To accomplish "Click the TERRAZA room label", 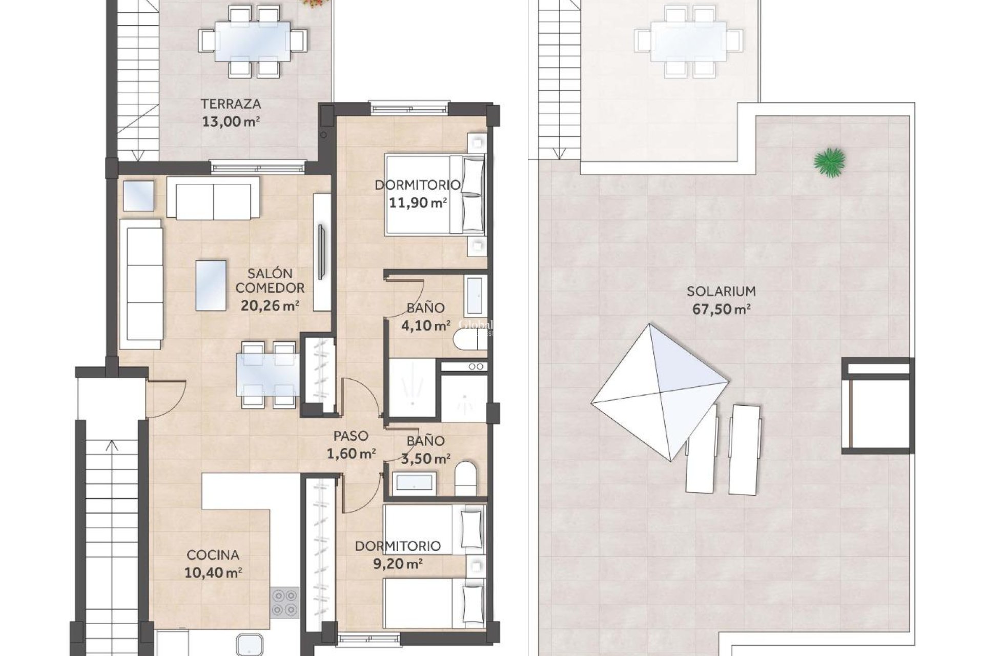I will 231,104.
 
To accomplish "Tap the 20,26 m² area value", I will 270,306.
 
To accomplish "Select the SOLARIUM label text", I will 721,292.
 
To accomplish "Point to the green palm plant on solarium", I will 829,162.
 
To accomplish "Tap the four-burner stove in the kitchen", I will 285,603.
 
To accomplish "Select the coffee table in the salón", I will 211,285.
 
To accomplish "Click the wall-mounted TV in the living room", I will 321,252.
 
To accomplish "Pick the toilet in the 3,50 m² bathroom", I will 465,478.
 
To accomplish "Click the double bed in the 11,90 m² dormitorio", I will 435,195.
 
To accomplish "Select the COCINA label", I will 213,555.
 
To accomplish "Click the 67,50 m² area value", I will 721,310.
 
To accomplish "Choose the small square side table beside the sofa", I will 138,196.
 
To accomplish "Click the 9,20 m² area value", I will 398,564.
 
